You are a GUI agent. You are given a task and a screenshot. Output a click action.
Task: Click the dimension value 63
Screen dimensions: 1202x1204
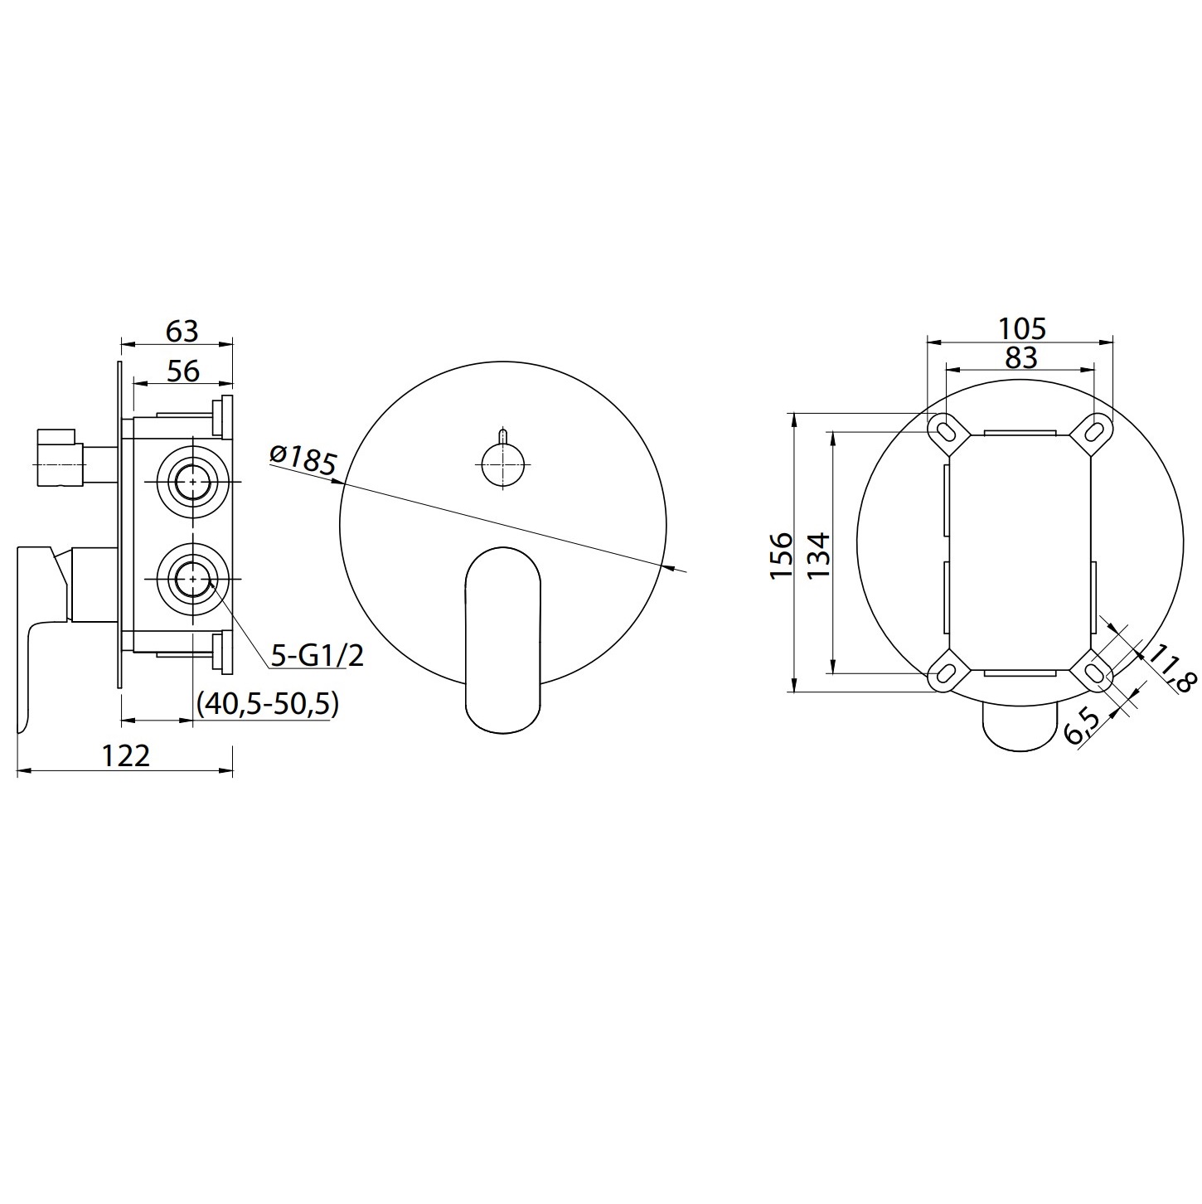click(x=182, y=331)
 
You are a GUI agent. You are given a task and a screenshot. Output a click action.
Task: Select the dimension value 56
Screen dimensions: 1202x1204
click(x=184, y=371)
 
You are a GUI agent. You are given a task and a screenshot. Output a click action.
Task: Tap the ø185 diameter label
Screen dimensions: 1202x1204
click(x=303, y=460)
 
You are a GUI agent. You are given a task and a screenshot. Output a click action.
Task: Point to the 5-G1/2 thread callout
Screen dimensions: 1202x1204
click(x=317, y=655)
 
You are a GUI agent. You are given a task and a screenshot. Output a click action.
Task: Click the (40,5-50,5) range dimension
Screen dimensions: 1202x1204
click(x=268, y=704)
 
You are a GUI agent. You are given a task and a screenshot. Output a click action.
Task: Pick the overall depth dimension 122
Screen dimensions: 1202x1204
click(x=126, y=756)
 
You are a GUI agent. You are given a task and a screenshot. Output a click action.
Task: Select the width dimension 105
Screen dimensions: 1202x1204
click(x=1021, y=328)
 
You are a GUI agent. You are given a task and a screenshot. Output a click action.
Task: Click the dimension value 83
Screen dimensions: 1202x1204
click(x=1021, y=358)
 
